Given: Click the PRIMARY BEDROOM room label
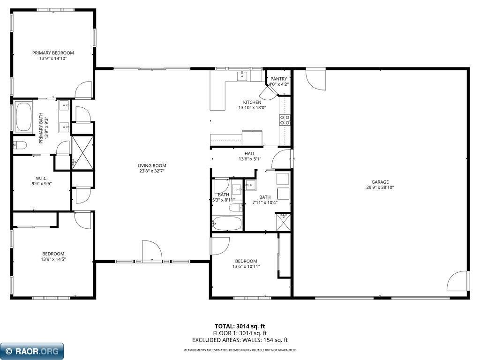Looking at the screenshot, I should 53,53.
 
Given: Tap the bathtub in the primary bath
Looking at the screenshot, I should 23,118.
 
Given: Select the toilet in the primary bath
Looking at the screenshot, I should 20,145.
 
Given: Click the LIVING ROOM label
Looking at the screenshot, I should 151,165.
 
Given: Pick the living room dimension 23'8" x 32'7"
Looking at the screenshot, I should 151,171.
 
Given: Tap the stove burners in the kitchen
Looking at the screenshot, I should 285,120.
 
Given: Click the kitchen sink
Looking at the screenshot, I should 242,75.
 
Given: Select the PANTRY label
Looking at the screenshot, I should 278,79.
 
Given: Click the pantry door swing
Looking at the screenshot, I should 268,93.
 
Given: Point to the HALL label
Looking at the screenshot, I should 250,153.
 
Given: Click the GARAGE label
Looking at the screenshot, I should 380,182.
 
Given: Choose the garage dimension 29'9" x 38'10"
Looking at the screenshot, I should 380,187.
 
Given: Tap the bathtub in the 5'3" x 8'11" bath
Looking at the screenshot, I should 227,223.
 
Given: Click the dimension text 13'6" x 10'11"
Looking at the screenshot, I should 246,267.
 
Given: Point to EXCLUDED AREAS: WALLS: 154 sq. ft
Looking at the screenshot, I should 240,340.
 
